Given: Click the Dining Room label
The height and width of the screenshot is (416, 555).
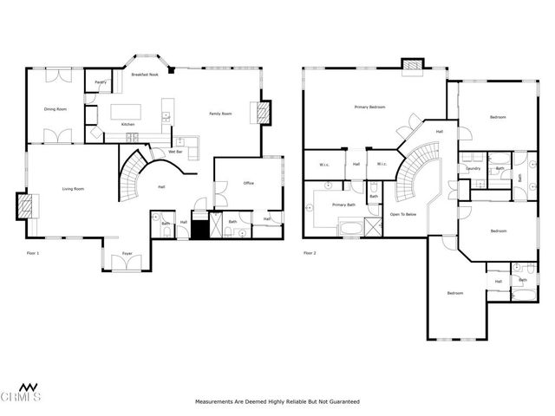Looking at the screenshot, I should tap(56, 109).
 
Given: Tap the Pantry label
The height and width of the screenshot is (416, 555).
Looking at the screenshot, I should tap(100, 82).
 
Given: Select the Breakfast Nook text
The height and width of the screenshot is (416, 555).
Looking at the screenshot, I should tap(144, 75).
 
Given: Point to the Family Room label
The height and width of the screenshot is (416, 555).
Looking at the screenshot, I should tap(220, 114).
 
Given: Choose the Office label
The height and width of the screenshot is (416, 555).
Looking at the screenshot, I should tap(248, 183).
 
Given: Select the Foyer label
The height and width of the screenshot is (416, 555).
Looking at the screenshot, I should tap(127, 254).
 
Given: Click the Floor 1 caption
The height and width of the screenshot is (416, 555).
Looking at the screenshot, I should tap(33, 253).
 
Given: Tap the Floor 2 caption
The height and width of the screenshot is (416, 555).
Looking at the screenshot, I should tap(310, 253).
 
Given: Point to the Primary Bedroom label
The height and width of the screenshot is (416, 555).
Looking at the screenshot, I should tap(369, 107).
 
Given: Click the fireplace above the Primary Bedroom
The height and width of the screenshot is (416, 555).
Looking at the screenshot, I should tap(412, 65).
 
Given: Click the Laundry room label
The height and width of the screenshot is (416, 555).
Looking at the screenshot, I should tap(473, 168).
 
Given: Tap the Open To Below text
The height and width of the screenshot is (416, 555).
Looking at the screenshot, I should tap(403, 213).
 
